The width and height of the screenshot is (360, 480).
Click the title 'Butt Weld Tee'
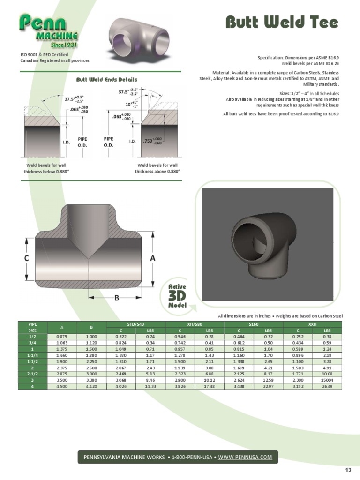(x=281, y=22)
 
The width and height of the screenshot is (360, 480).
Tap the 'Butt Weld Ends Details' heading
(x=106, y=80)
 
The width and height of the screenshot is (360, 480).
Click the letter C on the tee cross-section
(x=27, y=258)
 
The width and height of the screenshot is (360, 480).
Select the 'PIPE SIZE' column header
(x=32, y=327)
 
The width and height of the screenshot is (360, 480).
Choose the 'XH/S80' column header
(x=195, y=324)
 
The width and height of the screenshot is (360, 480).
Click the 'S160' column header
(x=254, y=324)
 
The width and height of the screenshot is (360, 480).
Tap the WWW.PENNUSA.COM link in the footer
(x=245, y=457)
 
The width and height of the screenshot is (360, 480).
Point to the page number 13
(x=348, y=470)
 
